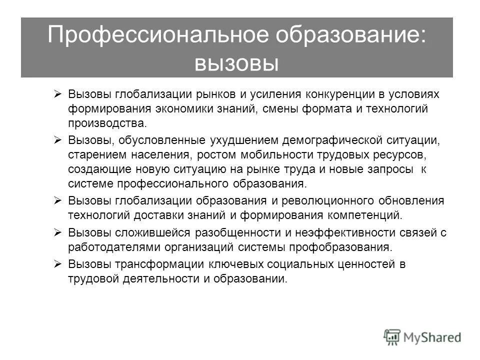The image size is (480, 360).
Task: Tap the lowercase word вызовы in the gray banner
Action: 236,63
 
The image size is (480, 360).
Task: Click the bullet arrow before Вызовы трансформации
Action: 57,264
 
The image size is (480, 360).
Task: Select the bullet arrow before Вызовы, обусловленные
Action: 57,138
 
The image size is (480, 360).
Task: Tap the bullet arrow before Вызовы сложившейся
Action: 57,232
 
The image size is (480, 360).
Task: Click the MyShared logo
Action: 422,336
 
